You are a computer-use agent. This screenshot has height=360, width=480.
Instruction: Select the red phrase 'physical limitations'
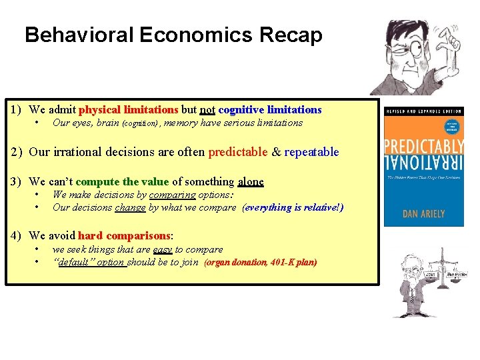128,110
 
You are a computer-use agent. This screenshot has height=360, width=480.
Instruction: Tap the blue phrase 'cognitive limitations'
270,110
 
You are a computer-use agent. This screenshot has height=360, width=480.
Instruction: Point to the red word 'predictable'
238,152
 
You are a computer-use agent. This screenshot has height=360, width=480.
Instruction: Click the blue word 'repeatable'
312,152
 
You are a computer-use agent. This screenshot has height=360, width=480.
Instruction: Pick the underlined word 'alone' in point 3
251,181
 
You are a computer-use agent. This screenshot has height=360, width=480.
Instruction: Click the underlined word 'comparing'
172,195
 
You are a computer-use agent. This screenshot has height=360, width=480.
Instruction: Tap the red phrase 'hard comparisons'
125,236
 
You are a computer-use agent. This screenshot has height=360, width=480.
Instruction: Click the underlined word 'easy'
163,250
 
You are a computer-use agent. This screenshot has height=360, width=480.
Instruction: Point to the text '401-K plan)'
294,263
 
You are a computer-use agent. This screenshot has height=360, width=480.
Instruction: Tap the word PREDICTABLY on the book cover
424,146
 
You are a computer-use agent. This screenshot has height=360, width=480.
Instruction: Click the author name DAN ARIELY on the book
424,214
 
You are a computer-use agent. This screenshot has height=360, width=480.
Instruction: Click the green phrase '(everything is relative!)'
293,207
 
